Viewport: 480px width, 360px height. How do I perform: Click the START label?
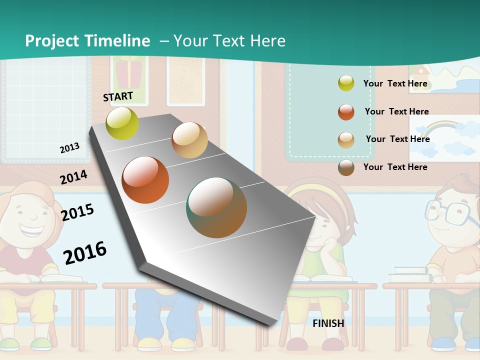click(x=118, y=96)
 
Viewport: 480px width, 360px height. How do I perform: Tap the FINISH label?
click(x=328, y=323)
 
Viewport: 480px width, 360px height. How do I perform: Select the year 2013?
click(x=69, y=148)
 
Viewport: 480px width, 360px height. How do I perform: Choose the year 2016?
click(x=85, y=252)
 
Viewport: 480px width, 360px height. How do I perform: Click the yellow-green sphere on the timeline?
click(x=122, y=123)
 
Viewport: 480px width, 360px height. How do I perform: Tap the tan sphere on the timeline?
click(x=189, y=140)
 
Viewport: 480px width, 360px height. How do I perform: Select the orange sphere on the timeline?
click(x=145, y=180)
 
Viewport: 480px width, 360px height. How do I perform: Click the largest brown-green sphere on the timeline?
click(x=216, y=207)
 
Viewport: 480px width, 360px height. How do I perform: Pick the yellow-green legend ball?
click(x=346, y=83)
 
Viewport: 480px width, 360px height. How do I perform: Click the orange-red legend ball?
click(x=346, y=112)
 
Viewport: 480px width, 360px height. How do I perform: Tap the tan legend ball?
click(x=346, y=140)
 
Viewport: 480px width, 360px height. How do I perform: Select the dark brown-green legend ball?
click(x=346, y=167)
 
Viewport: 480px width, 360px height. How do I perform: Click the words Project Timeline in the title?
click(x=87, y=41)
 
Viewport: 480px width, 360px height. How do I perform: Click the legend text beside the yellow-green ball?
click(x=395, y=83)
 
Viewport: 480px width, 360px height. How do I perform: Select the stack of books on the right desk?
click(x=410, y=274)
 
